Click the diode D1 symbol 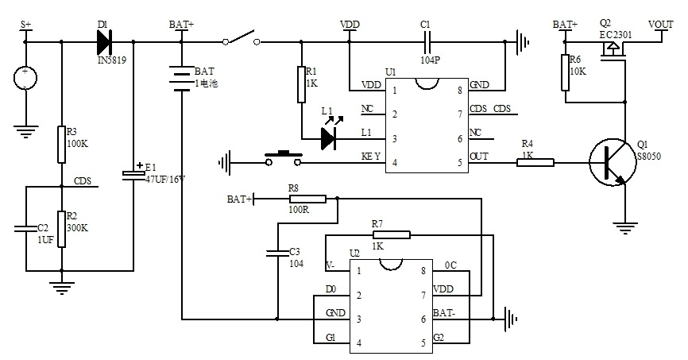pyautogui.click(x=104, y=42)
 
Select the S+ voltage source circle pyautogui.click(x=25, y=78)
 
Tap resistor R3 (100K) pyautogui.click(x=61, y=145)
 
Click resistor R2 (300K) pyautogui.click(x=61, y=229)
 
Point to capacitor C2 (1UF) pyautogui.click(x=25, y=228)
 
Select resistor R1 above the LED pyautogui.click(x=301, y=84)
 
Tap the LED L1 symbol pyautogui.click(x=329, y=139)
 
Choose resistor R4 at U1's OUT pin pyautogui.click(x=535, y=162)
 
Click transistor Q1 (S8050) pyautogui.click(x=612, y=162)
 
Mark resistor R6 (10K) pyautogui.click(x=565, y=72)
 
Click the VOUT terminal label pyautogui.click(x=661, y=24)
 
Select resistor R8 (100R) pyautogui.click(x=307, y=199)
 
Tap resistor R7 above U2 pyautogui.click(x=392, y=235)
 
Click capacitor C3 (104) pyautogui.click(x=277, y=253)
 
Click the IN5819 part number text pyautogui.click(x=111, y=60)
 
